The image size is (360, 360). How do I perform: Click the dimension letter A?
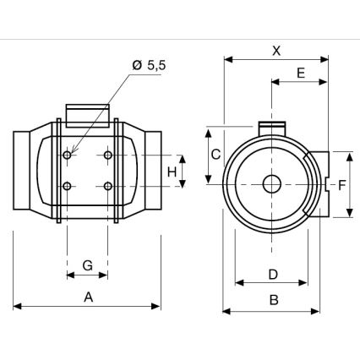tap(87, 296)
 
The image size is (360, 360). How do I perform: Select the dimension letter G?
tap(87, 265)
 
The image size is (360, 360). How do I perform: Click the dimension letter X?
tap(275, 50)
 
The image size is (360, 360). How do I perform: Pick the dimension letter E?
tap(300, 73)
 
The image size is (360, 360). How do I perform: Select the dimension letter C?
tap(216, 154)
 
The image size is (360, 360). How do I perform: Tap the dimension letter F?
tap(341, 184)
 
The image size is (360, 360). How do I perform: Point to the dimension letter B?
tap(274, 299)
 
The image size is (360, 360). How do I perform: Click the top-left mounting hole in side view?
tap(68, 155)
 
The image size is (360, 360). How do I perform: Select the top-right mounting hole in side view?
tap(107, 155)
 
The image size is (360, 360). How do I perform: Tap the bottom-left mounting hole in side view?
tap(68, 186)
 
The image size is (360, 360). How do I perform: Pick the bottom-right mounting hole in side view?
tap(107, 186)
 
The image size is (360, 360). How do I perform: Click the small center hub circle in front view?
tap(271, 184)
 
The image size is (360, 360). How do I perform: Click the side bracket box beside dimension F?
tap(319, 184)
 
